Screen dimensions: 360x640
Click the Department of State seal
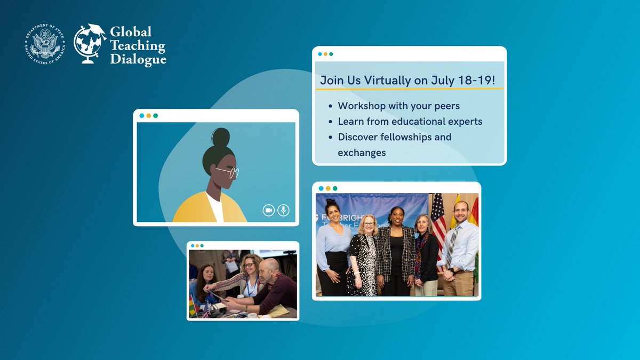45,45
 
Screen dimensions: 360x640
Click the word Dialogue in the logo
138,60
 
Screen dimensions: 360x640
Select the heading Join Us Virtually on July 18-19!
408,81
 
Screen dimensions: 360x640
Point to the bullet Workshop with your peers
398,106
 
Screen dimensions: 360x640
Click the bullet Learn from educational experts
410,122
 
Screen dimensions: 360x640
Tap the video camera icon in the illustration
268,211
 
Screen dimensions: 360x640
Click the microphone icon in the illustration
283,211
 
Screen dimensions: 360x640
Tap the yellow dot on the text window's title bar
325,54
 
